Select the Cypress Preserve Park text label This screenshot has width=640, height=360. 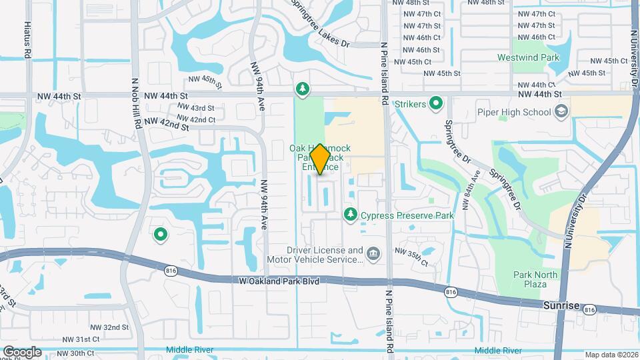tap(407, 215)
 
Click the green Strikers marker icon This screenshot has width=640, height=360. tap(436, 103)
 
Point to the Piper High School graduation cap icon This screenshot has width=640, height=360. tap(561, 112)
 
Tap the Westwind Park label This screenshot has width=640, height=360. tap(528, 58)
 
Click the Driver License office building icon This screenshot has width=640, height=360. tap(373, 253)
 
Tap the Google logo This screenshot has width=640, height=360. tap(22, 351)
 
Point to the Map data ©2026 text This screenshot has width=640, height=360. tap(611, 355)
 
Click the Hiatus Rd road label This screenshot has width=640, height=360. tap(27, 39)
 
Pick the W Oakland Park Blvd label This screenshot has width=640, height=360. tap(279, 281)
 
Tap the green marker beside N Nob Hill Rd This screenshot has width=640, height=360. tap(160, 234)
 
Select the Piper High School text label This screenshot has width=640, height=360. tap(514, 112)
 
